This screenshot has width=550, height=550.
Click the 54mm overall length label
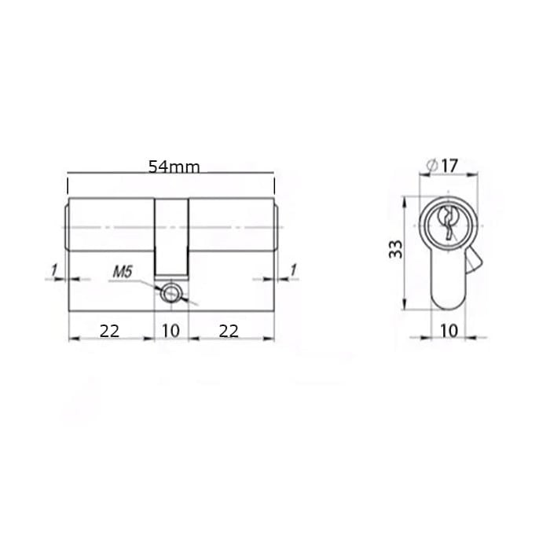coord(174,167)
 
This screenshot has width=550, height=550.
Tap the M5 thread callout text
coord(123,272)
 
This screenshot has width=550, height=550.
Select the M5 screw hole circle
coord(170,293)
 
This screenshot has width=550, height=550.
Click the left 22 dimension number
coord(109,331)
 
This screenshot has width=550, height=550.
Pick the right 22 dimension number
coord(229,331)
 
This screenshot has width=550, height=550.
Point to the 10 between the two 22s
coord(170,331)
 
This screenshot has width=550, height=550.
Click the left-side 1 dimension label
coord(54,270)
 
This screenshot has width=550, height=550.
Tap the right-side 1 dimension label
coord(293,269)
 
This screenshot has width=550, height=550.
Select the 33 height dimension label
coord(396,249)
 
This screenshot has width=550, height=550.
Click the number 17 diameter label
coord(449,166)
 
